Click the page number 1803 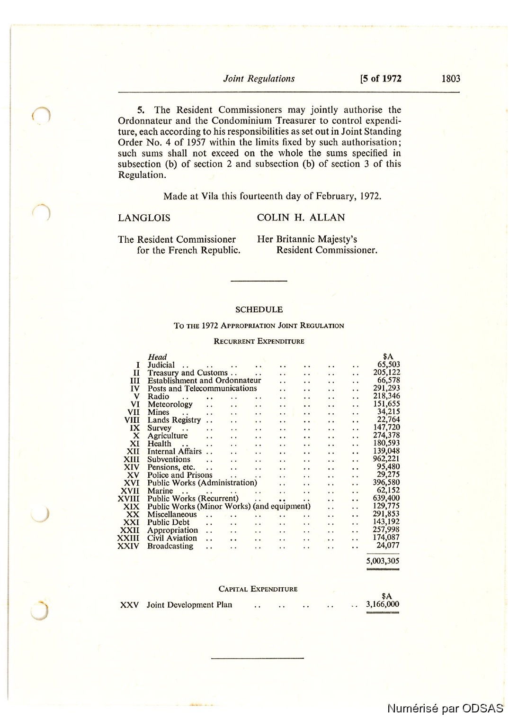tap(450, 79)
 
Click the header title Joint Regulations tap(259, 79)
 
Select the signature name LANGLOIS tap(144, 218)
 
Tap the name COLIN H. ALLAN tap(301, 218)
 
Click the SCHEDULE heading tap(259, 310)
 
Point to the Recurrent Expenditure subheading tap(259, 341)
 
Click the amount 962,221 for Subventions tap(386, 459)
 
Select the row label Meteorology tap(170, 404)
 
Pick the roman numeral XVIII tap(128, 499)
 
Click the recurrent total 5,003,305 tap(383, 561)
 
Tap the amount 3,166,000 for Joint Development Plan tap(383, 604)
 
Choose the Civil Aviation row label tap(172, 538)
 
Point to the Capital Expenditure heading tap(258, 589)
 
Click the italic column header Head tap(157, 357)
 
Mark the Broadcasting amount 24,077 tap(388, 546)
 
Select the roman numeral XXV tap(129, 605)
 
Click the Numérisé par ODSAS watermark tap(445, 708)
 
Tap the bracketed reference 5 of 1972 tap(381, 79)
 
